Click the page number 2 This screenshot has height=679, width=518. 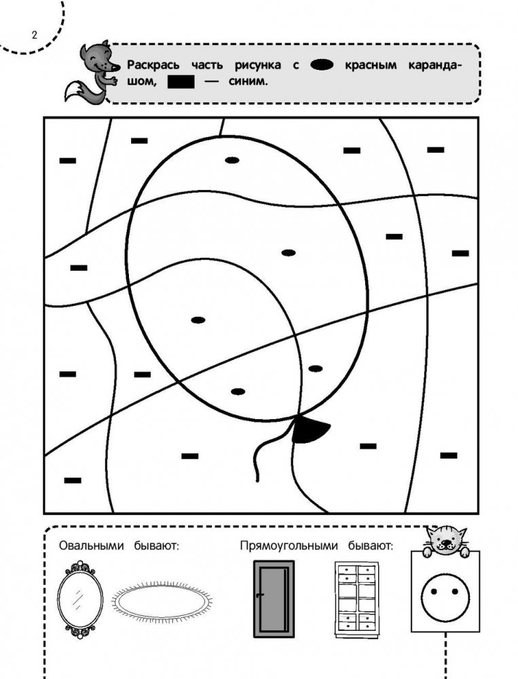point(35,35)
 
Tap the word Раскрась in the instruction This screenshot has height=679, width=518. point(153,65)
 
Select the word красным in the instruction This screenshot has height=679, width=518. point(371,65)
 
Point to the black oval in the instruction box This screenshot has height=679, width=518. point(322,65)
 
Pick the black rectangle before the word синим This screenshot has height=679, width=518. point(181,82)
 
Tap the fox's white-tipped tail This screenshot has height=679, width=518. point(77,92)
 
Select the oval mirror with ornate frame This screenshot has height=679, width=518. point(80,600)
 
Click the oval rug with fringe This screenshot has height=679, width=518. point(162,600)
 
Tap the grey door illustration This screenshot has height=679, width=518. point(274,599)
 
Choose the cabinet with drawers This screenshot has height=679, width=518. point(356,600)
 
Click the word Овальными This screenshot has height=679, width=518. point(92,545)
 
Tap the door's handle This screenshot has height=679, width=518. point(259,596)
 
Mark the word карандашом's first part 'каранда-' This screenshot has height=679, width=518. point(434,65)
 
